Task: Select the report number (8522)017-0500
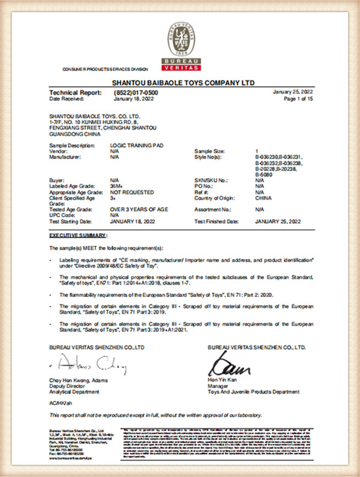pyautogui.click(x=134, y=92)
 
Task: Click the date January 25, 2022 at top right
pyautogui.click(x=293, y=92)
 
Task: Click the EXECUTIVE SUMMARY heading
pyautogui.click(x=78, y=234)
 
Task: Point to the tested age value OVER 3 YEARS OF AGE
pyautogui.click(x=139, y=209)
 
